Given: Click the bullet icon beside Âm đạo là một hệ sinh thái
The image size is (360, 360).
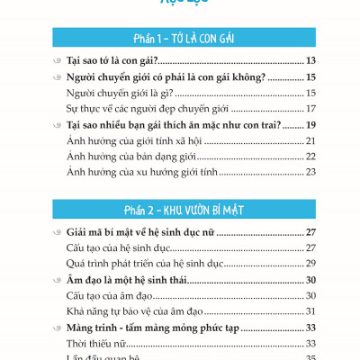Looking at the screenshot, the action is [x=58, y=280].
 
